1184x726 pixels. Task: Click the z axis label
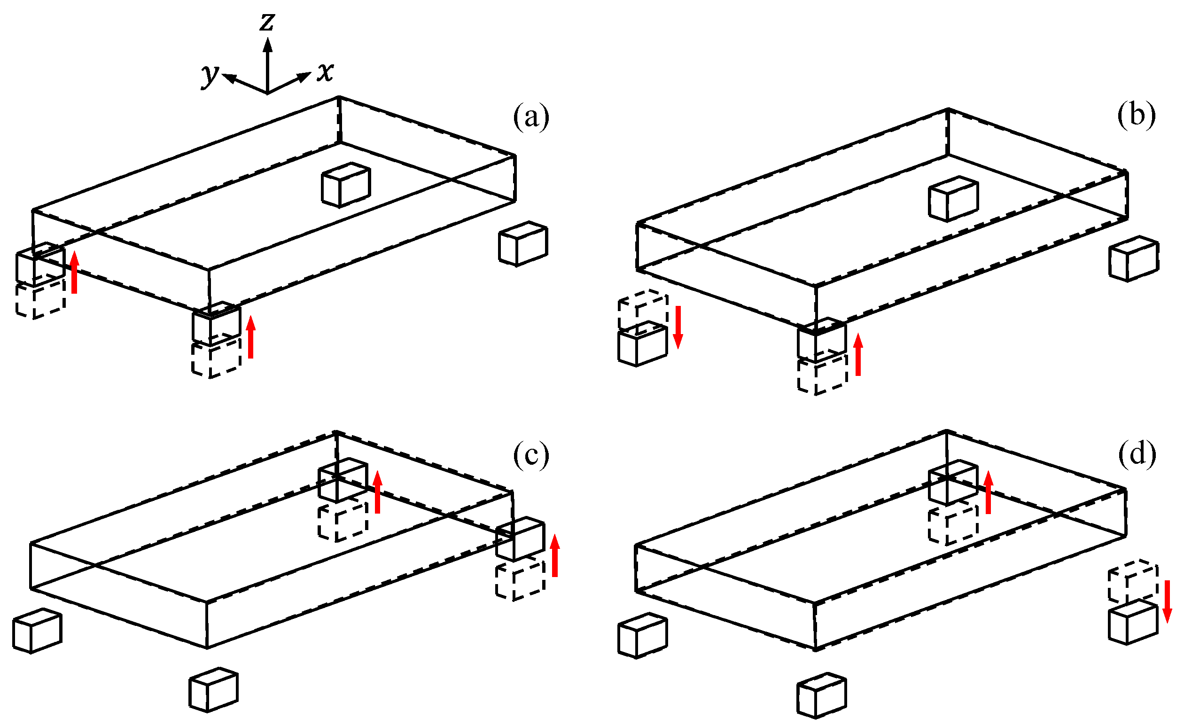click(267, 22)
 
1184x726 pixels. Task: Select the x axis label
click(325, 72)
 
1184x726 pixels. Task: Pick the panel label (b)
click(1136, 115)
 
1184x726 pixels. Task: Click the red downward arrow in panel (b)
click(678, 327)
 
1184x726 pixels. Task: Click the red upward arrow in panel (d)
click(989, 492)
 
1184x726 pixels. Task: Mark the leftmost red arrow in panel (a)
click(75, 272)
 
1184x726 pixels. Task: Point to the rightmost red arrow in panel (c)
click(555, 555)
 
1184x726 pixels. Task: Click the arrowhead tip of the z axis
click(268, 39)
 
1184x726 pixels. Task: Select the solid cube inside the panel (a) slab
click(346, 185)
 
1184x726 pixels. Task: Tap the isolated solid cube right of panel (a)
click(523, 243)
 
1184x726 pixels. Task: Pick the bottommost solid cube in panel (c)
click(214, 689)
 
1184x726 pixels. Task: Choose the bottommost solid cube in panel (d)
click(822, 695)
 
